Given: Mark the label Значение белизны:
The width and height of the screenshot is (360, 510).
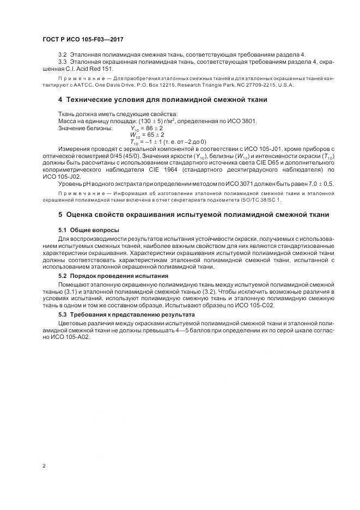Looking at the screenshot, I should [x=85, y=127].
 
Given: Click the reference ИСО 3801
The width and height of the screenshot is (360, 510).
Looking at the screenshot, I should [x=242, y=120].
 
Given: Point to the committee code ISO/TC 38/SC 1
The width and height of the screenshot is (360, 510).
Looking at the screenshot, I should [x=258, y=199].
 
